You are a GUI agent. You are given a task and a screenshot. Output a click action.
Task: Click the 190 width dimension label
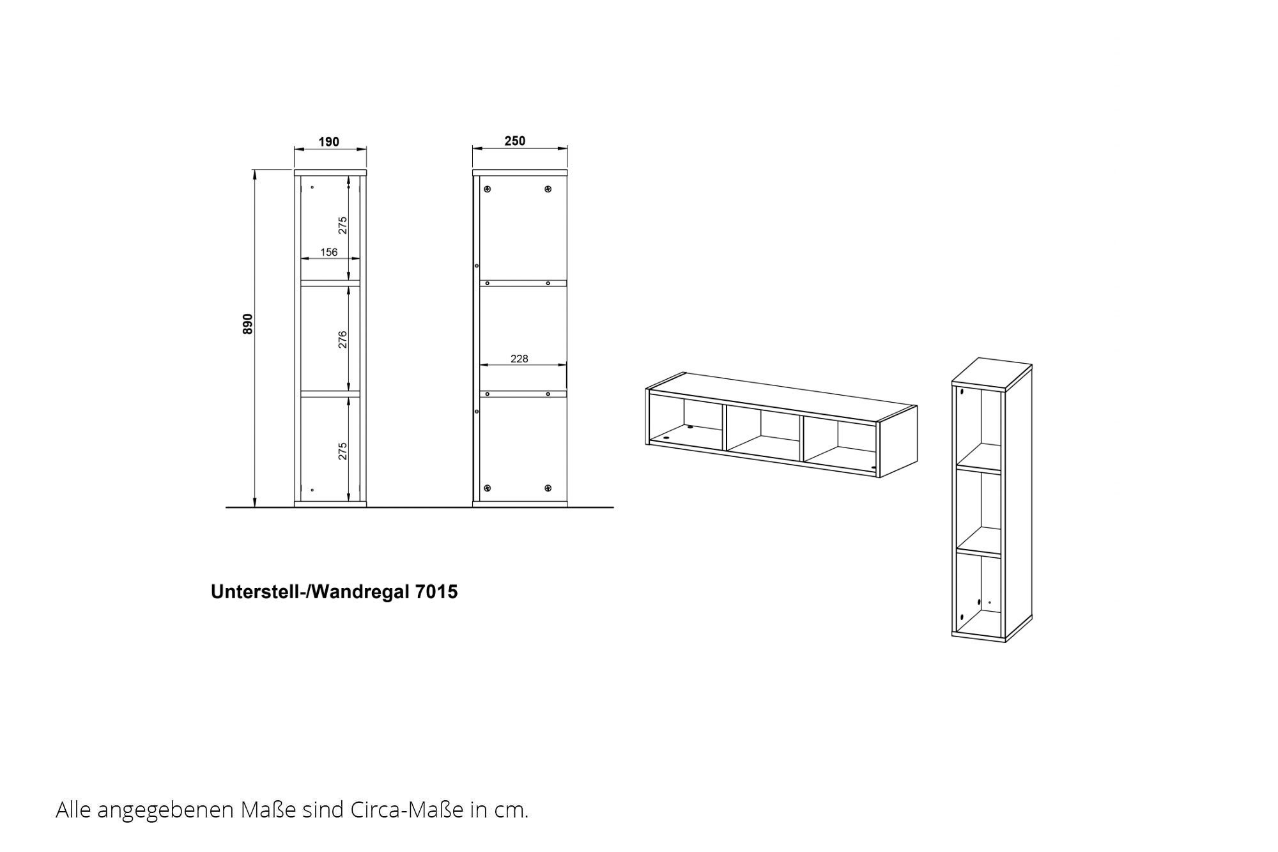coord(329,142)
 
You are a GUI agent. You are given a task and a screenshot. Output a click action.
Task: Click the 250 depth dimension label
coord(515,141)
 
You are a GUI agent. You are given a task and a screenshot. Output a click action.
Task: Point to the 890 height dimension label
coord(248,324)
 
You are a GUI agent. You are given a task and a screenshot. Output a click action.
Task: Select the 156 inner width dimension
coord(329,252)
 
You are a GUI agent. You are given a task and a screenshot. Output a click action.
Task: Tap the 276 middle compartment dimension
coord(343,339)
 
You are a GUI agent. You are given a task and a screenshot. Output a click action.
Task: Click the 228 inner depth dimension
coord(520,359)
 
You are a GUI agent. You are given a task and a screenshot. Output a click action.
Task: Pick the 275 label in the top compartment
coord(343,225)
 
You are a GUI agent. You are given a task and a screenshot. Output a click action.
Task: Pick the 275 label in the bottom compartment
coord(343,451)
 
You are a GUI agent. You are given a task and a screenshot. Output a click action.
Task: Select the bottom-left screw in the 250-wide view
coord(488,488)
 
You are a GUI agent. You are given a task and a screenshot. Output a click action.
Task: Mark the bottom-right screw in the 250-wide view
coord(548,488)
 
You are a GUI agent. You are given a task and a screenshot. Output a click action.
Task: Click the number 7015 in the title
coord(437,592)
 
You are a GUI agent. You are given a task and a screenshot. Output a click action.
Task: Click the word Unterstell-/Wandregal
coord(311,592)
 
